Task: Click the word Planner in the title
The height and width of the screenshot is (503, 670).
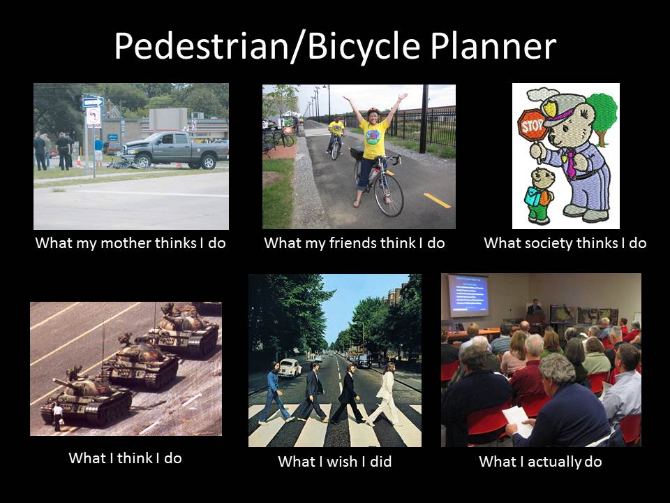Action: point(493,46)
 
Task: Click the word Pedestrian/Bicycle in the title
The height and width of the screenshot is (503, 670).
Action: point(267,46)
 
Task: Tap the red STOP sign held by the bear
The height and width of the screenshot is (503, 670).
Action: point(532,125)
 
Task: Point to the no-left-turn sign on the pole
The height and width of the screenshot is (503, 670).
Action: point(93,117)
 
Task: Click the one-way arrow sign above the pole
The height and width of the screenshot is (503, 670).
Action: point(93,101)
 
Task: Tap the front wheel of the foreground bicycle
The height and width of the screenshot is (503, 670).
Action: point(388,194)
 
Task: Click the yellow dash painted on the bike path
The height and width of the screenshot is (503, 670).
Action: point(437,201)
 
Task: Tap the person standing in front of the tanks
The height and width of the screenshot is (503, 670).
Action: point(58,417)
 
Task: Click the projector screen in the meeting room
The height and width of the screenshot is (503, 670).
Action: point(468,296)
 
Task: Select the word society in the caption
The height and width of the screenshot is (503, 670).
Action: point(549,243)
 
